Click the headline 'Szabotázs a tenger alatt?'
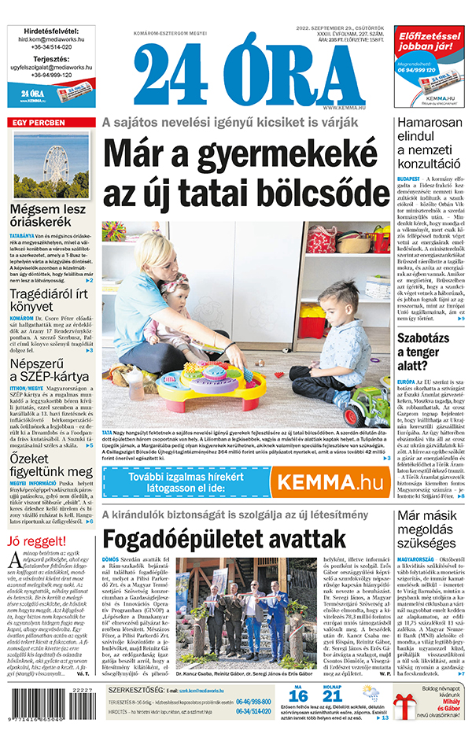[x=430, y=355]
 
